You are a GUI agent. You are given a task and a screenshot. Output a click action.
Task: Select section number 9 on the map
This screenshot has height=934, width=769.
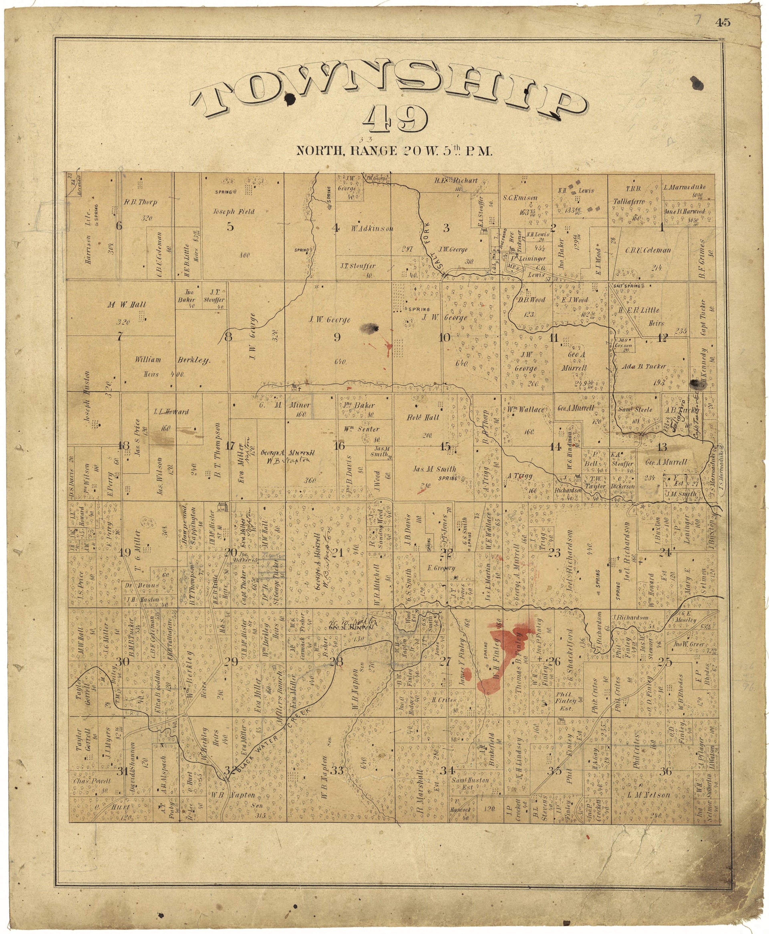point(337,337)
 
